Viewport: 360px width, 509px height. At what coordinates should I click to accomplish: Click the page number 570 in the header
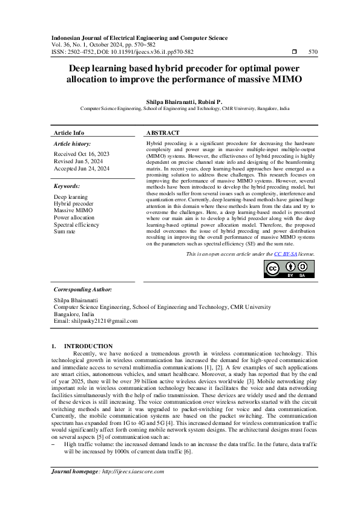[x=313, y=53]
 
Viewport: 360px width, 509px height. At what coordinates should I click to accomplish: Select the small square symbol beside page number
[x=294, y=53]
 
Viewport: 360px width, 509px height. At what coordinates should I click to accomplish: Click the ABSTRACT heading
[x=163, y=132]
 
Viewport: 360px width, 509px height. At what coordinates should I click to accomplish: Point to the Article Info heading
[x=69, y=132]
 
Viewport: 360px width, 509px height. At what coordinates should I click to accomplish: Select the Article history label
[x=73, y=144]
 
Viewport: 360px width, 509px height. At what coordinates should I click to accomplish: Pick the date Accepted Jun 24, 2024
[x=82, y=169]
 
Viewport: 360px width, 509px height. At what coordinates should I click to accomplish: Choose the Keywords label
[x=67, y=186]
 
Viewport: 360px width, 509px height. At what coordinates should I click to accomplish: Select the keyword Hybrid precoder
[x=74, y=204]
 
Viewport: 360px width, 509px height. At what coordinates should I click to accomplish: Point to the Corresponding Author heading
[x=82, y=290]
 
